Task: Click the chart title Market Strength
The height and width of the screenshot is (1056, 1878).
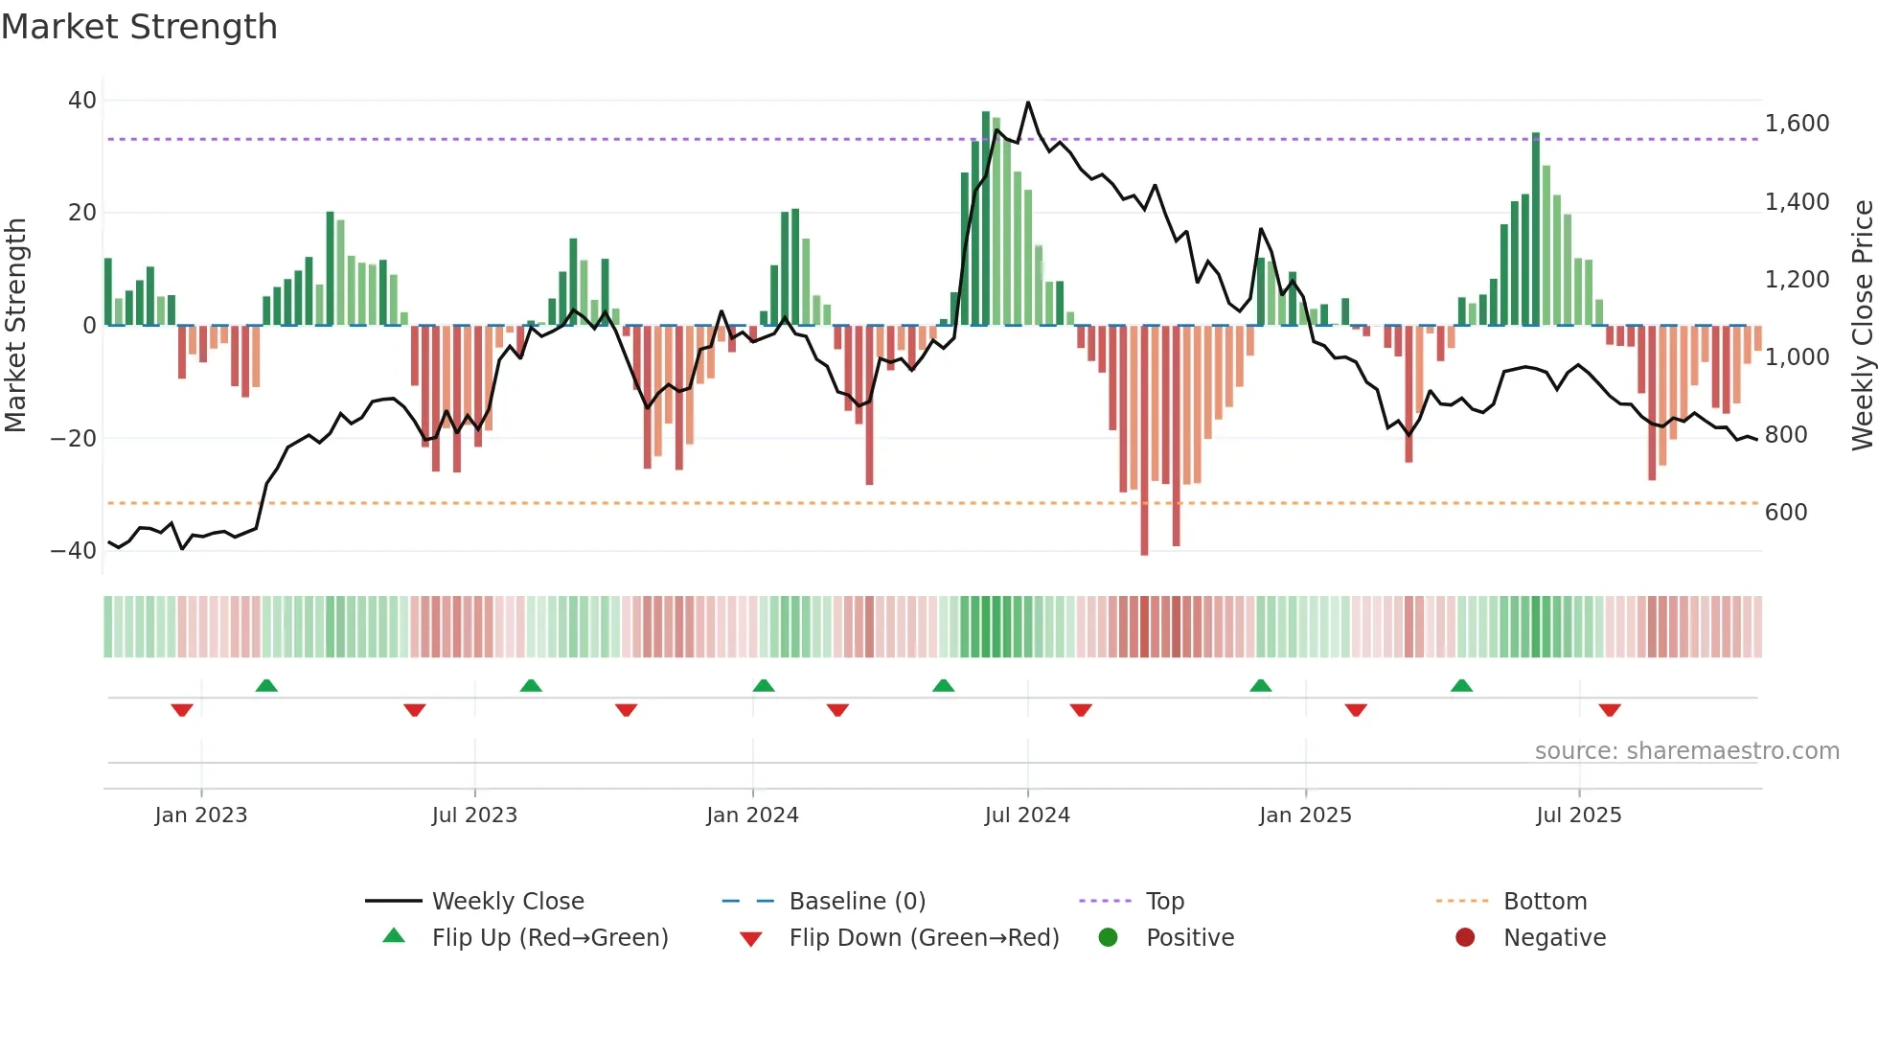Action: click(x=139, y=27)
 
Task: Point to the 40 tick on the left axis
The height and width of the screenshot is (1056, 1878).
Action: click(x=82, y=101)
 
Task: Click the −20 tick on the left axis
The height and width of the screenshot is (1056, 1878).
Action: click(x=75, y=439)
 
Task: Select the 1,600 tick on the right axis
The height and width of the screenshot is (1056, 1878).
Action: click(x=1797, y=124)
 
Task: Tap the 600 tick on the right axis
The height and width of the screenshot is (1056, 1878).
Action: click(x=1786, y=513)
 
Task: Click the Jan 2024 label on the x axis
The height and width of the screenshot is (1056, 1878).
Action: click(x=752, y=815)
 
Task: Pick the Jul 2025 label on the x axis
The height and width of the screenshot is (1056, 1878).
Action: click(x=1578, y=815)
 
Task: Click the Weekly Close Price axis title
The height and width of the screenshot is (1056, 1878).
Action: click(x=1862, y=325)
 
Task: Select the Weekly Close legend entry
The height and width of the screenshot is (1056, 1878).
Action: click(x=508, y=902)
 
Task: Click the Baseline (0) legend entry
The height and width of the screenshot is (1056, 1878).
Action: click(x=857, y=902)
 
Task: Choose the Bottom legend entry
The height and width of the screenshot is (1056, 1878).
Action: click(x=1545, y=902)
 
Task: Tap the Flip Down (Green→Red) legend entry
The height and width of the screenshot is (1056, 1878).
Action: click(x=924, y=938)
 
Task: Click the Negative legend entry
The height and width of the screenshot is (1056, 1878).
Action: click(x=1554, y=938)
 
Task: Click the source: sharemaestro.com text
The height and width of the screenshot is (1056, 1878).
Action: click(x=1686, y=751)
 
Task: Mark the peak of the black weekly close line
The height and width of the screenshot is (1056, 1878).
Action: click(x=1028, y=103)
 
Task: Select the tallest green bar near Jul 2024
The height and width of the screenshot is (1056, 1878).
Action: click(x=986, y=218)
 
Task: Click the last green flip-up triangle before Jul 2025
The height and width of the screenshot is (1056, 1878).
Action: click(x=1461, y=686)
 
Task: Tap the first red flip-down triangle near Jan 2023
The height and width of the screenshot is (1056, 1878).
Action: click(x=182, y=710)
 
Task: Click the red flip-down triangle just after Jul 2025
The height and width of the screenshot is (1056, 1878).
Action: click(x=1610, y=710)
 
